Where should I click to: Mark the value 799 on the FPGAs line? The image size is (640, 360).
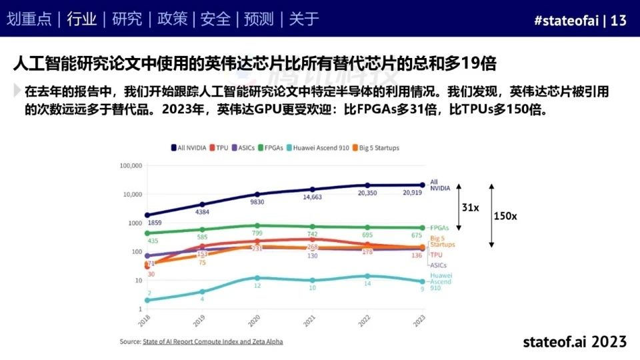257,233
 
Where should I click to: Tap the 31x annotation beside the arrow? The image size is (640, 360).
470,208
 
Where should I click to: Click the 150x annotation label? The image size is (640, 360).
505,217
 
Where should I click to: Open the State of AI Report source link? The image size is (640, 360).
212,341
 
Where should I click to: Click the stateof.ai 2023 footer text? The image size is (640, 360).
575,341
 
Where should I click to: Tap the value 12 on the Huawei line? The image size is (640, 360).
257,285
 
